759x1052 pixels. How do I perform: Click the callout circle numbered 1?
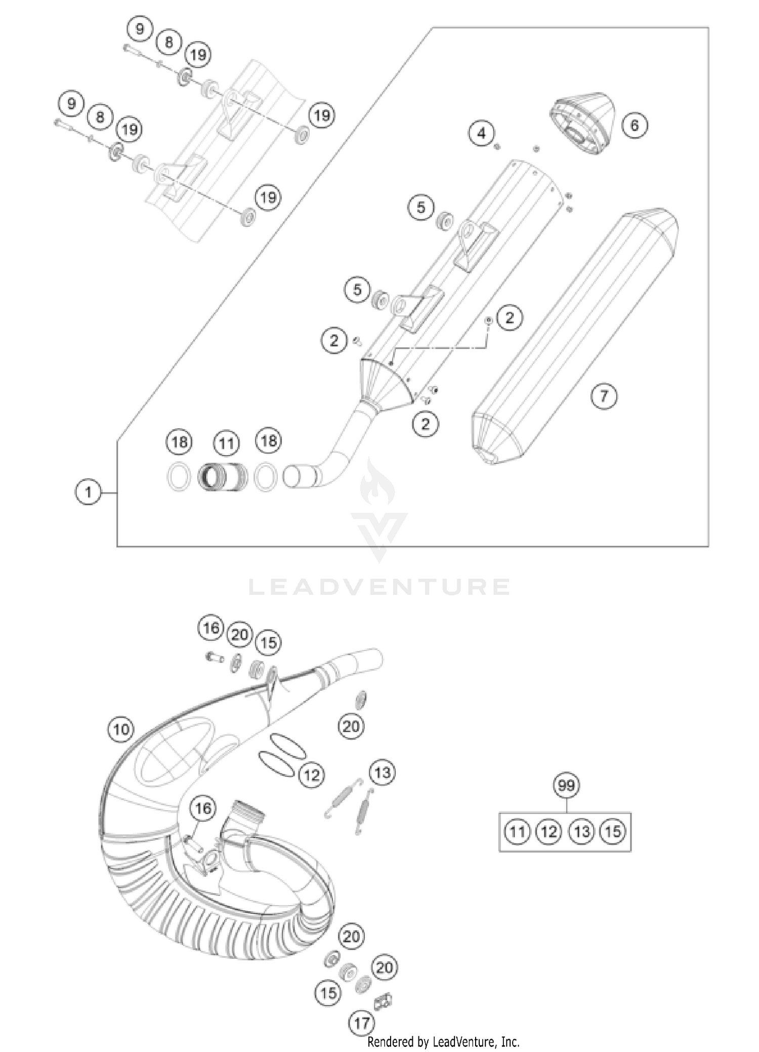click(88, 492)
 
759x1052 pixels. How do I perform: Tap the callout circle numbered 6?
click(635, 125)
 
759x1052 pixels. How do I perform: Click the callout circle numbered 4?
click(481, 133)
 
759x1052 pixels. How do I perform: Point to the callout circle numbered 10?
click(121, 730)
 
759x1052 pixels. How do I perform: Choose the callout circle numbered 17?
click(362, 1023)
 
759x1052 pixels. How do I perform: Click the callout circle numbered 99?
click(566, 785)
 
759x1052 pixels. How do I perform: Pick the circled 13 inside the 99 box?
click(581, 831)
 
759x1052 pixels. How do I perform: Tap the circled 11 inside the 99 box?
click(517, 831)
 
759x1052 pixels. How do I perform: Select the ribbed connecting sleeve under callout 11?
click(223, 476)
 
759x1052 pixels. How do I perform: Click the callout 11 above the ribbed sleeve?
click(226, 443)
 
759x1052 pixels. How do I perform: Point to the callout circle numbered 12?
click(311, 775)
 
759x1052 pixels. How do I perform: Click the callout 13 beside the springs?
click(383, 773)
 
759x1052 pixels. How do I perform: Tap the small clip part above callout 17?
click(383, 1000)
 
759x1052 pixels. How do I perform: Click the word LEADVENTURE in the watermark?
click(379, 587)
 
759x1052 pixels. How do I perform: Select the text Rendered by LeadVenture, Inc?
click(443, 1042)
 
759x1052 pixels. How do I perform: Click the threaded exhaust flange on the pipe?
click(247, 816)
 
